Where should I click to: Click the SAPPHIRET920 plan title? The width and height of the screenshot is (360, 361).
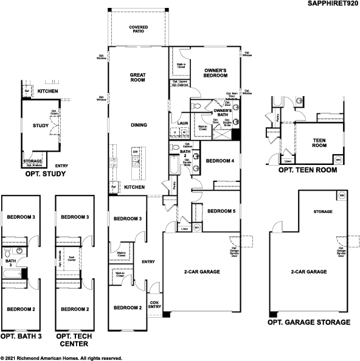click(332, 4)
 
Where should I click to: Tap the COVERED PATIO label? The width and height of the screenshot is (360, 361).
click(139, 30)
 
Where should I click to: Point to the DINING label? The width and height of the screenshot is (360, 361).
click(139, 125)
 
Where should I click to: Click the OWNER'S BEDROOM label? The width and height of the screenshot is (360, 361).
click(215, 73)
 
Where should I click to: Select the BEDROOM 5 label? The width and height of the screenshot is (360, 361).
click(221, 211)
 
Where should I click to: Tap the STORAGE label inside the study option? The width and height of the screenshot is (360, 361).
click(32, 161)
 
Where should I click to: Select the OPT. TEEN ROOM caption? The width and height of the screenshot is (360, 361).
click(306, 171)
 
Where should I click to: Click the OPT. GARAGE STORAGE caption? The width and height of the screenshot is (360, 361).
click(309, 322)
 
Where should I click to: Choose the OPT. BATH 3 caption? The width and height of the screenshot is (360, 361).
click(21, 335)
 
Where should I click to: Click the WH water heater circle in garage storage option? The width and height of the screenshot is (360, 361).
click(341, 197)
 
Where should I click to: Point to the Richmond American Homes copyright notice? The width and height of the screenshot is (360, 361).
click(61, 358)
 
